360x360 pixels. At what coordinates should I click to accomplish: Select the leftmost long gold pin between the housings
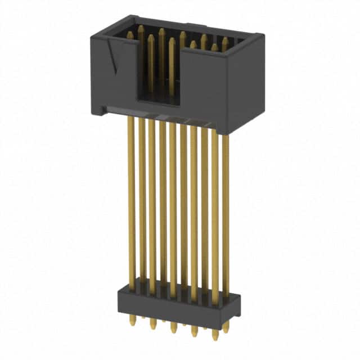(x=131, y=197)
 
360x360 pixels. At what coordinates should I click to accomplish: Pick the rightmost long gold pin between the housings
(x=226, y=214)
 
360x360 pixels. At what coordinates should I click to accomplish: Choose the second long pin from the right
(x=215, y=214)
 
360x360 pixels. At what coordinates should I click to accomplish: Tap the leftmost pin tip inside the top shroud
(x=130, y=35)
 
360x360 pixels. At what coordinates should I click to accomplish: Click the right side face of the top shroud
(x=246, y=84)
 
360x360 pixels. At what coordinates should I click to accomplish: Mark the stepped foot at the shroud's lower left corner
(x=98, y=110)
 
